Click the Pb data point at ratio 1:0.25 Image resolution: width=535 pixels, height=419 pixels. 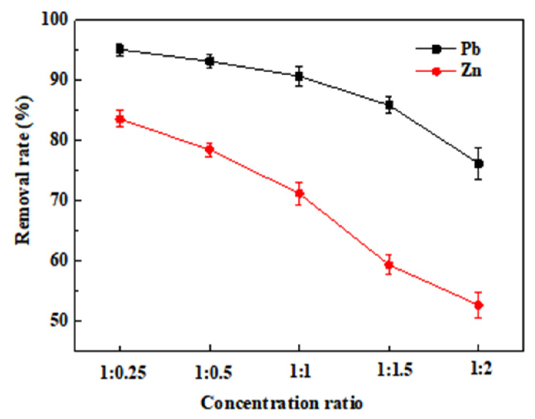(x=120, y=49)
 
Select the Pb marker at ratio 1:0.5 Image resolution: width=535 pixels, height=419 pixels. (x=210, y=61)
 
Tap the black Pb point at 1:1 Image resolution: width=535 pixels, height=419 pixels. (x=299, y=76)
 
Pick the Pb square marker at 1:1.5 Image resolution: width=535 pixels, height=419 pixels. (x=389, y=105)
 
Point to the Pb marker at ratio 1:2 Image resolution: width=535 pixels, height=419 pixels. (x=478, y=164)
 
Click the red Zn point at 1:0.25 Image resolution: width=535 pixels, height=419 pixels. (x=120, y=119)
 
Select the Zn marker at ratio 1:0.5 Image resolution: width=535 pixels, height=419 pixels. (x=210, y=150)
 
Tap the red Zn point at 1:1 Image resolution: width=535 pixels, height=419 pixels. (x=299, y=193)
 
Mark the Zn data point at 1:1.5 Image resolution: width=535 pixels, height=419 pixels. (x=389, y=265)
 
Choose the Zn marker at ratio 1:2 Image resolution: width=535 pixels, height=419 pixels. (x=478, y=305)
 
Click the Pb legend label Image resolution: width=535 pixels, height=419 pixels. (x=470, y=50)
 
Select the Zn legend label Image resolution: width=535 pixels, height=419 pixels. (x=471, y=71)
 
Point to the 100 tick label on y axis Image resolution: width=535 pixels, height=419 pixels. (x=53, y=20)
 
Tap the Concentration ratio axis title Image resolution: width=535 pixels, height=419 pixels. (x=282, y=404)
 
